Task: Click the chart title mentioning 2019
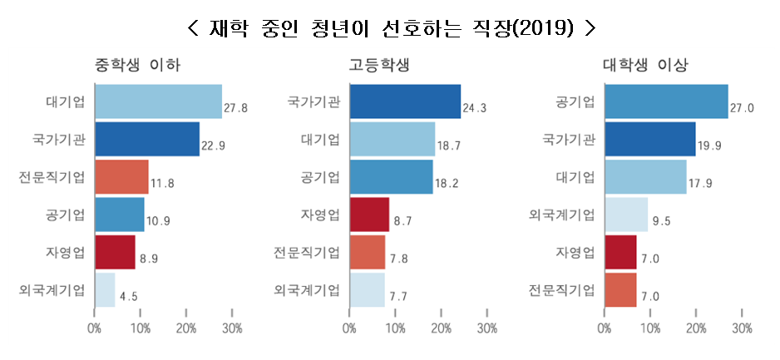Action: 391,27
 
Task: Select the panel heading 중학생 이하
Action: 138,65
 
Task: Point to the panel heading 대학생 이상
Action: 651,65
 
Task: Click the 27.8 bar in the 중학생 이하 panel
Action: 158,101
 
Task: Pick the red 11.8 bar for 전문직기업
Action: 121,177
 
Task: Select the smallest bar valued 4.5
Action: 105,289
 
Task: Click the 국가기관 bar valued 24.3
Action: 405,101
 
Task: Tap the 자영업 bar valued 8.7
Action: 370,215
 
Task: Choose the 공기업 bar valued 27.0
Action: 666,101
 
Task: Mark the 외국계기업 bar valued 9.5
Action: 626,215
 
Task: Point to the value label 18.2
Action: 447,184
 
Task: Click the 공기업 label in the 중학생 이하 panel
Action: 66,215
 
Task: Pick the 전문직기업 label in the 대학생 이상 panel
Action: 562,290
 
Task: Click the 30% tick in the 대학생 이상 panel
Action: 741,328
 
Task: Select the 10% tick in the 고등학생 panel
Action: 396,328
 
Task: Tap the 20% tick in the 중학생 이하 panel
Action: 186,328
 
